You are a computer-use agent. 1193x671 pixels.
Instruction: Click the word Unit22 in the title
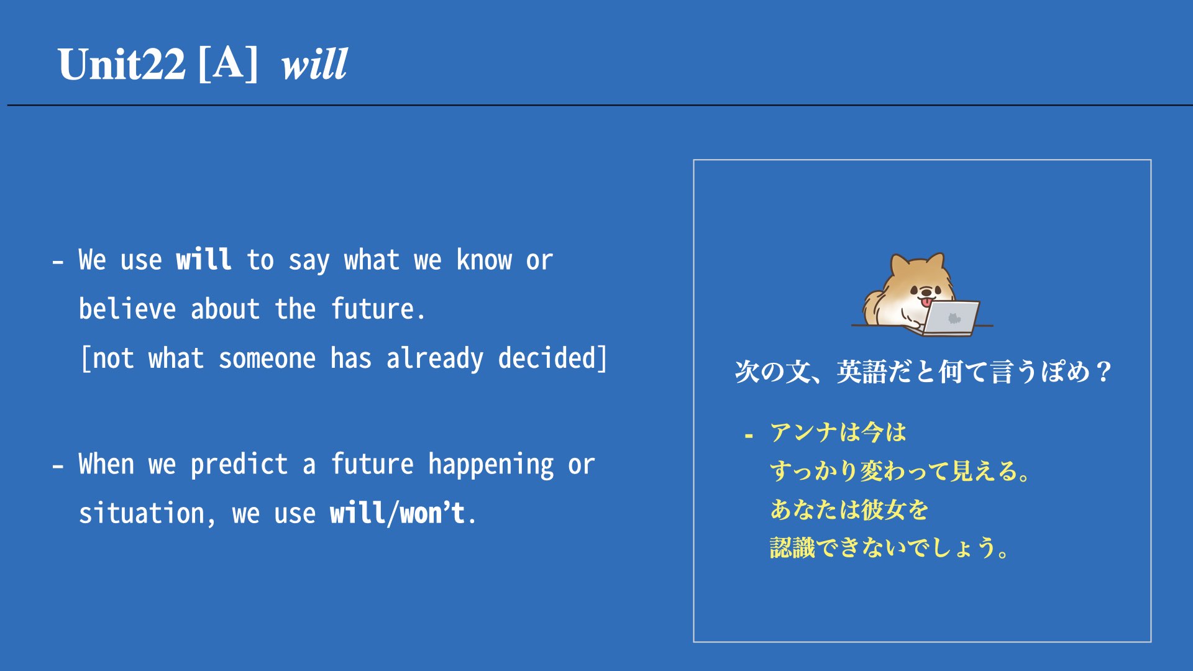122,64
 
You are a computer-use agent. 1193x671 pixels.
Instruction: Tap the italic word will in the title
314,64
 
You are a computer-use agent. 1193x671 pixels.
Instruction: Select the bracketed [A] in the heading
228,64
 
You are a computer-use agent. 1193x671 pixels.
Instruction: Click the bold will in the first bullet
204,259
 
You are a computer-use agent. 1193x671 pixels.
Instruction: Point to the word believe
127,309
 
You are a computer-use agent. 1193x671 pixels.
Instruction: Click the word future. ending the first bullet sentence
378,309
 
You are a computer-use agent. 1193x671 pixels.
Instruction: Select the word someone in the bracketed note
267,358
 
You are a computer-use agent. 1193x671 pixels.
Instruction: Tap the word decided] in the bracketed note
552,358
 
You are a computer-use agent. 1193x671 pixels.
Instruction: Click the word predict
239,465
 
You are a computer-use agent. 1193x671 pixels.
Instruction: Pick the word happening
491,465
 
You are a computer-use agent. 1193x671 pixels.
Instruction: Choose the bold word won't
432,514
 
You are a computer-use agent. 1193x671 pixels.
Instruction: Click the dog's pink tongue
927,302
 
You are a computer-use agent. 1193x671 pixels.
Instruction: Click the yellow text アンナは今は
838,432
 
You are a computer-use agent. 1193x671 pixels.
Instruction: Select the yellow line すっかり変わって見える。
900,471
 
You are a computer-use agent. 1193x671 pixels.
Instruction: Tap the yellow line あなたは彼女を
849,509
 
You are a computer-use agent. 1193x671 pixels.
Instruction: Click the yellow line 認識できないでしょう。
890,548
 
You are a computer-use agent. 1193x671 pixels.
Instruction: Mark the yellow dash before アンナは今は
749,436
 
